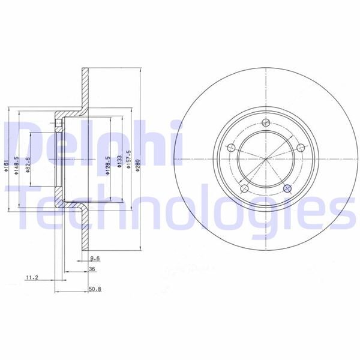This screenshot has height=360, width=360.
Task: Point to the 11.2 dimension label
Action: (32, 278)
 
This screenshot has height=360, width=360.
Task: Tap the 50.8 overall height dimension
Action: (93, 289)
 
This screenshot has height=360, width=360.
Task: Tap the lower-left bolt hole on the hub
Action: (244, 190)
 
